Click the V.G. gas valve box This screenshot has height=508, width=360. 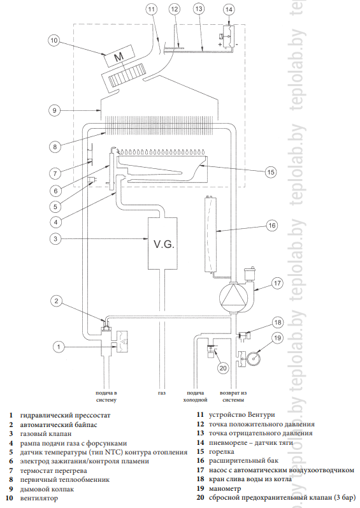point(162,243)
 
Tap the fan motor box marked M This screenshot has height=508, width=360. point(119,56)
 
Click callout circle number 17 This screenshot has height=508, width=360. point(277,283)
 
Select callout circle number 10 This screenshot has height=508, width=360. point(54,41)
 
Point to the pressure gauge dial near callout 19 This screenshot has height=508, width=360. point(254,359)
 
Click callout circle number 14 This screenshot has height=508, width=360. point(229,10)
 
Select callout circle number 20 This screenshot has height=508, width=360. point(223,368)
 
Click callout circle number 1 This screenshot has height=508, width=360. point(59,347)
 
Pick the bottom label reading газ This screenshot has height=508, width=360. point(162,393)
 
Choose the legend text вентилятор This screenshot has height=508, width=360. point(39,498)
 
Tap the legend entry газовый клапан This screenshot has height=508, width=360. point(46,433)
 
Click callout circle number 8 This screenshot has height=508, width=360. point(55,147)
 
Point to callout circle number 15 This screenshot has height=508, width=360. point(271,171)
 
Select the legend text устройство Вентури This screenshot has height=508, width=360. point(242,414)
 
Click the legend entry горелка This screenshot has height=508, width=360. point(222,452)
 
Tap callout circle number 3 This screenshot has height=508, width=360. point(55,239)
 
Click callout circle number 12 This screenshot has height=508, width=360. point(175,9)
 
